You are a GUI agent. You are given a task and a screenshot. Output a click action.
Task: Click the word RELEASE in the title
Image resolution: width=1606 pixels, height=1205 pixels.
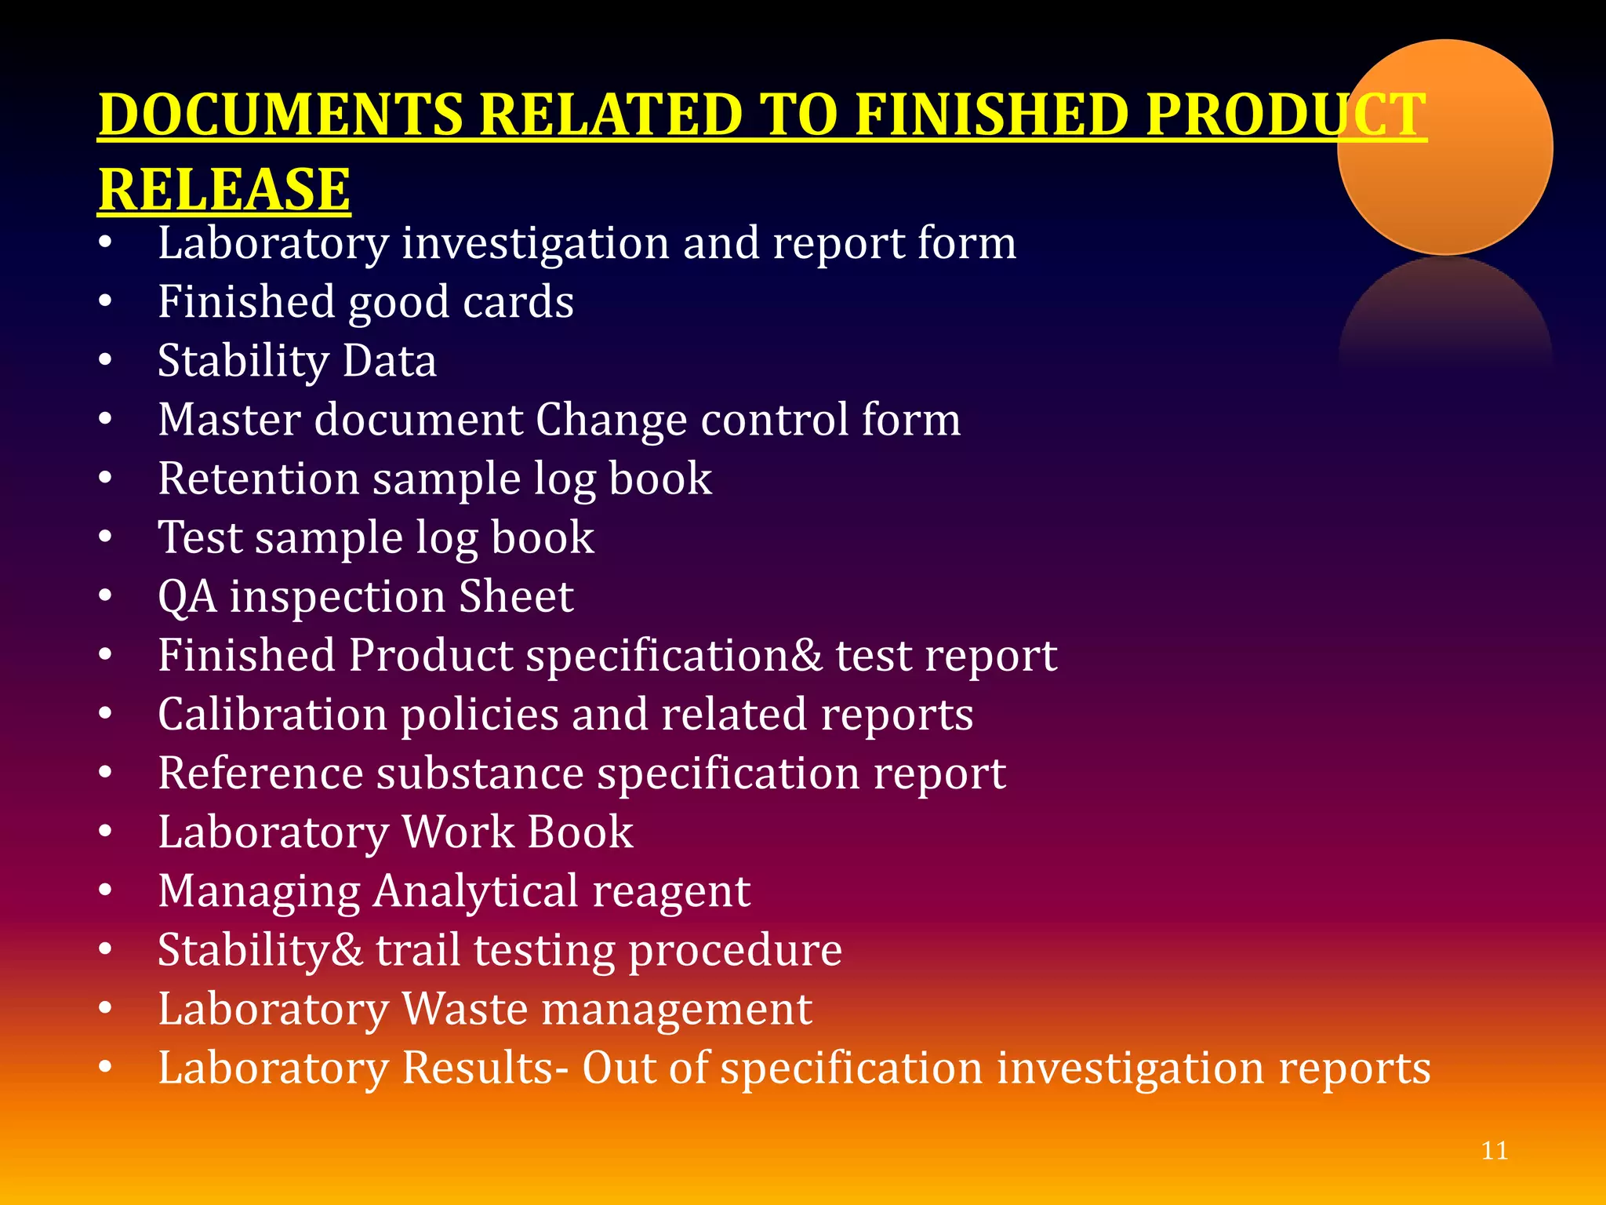tap(224, 190)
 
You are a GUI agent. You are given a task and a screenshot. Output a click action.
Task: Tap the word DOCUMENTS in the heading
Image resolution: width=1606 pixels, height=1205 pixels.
tap(281, 115)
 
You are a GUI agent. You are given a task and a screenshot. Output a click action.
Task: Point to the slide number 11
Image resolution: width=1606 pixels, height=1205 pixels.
tap(1495, 1151)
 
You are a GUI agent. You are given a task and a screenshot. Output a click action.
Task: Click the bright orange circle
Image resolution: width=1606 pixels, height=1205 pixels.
tap(1444, 147)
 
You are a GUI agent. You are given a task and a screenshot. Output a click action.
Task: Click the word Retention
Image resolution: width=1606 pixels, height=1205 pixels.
tap(258, 479)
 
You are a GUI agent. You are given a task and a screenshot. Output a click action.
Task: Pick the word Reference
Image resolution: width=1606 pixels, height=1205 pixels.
tap(260, 774)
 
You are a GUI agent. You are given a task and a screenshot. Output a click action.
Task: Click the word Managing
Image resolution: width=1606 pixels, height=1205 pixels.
tap(259, 892)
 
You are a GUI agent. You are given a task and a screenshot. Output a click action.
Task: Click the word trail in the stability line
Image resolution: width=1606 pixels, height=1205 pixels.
tap(418, 950)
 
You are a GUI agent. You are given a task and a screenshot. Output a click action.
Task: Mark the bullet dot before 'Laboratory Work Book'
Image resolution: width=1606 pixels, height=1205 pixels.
tap(106, 832)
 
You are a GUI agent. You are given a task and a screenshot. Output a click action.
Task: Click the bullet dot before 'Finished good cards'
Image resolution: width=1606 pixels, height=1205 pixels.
tap(106, 302)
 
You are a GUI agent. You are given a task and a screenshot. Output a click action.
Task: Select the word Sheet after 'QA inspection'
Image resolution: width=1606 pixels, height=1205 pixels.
tap(515, 597)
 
